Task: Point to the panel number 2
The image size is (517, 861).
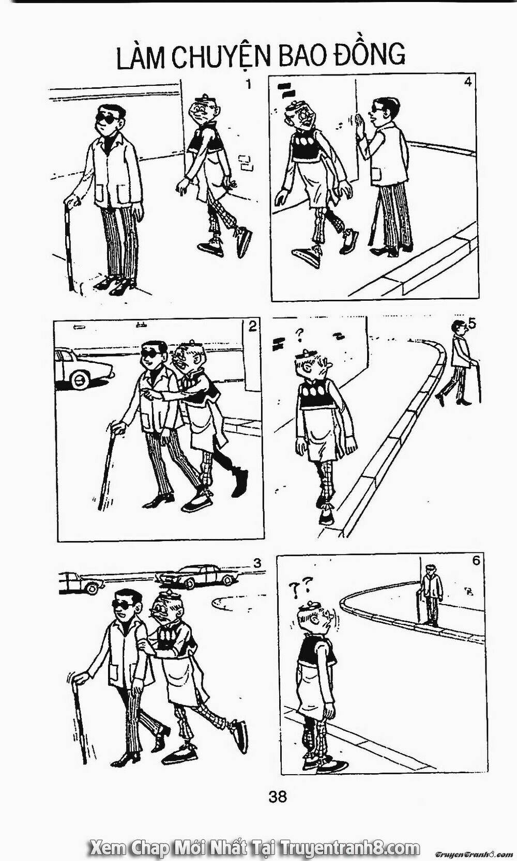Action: [x=252, y=326]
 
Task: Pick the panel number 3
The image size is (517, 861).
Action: [x=257, y=563]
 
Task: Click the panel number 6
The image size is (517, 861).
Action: [x=476, y=561]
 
